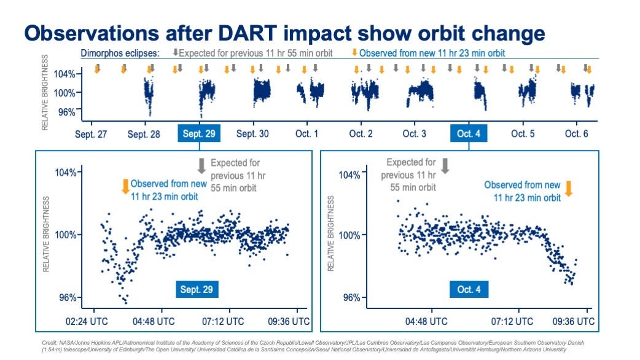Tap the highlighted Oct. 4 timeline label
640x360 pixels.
(469, 134)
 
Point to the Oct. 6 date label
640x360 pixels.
(576, 134)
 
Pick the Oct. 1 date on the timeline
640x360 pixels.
(306, 134)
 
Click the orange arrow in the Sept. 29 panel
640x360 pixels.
(125, 186)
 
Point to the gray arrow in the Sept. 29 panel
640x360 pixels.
(201, 165)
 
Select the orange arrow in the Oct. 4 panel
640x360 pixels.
(568, 188)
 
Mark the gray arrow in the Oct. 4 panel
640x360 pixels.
(445, 165)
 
